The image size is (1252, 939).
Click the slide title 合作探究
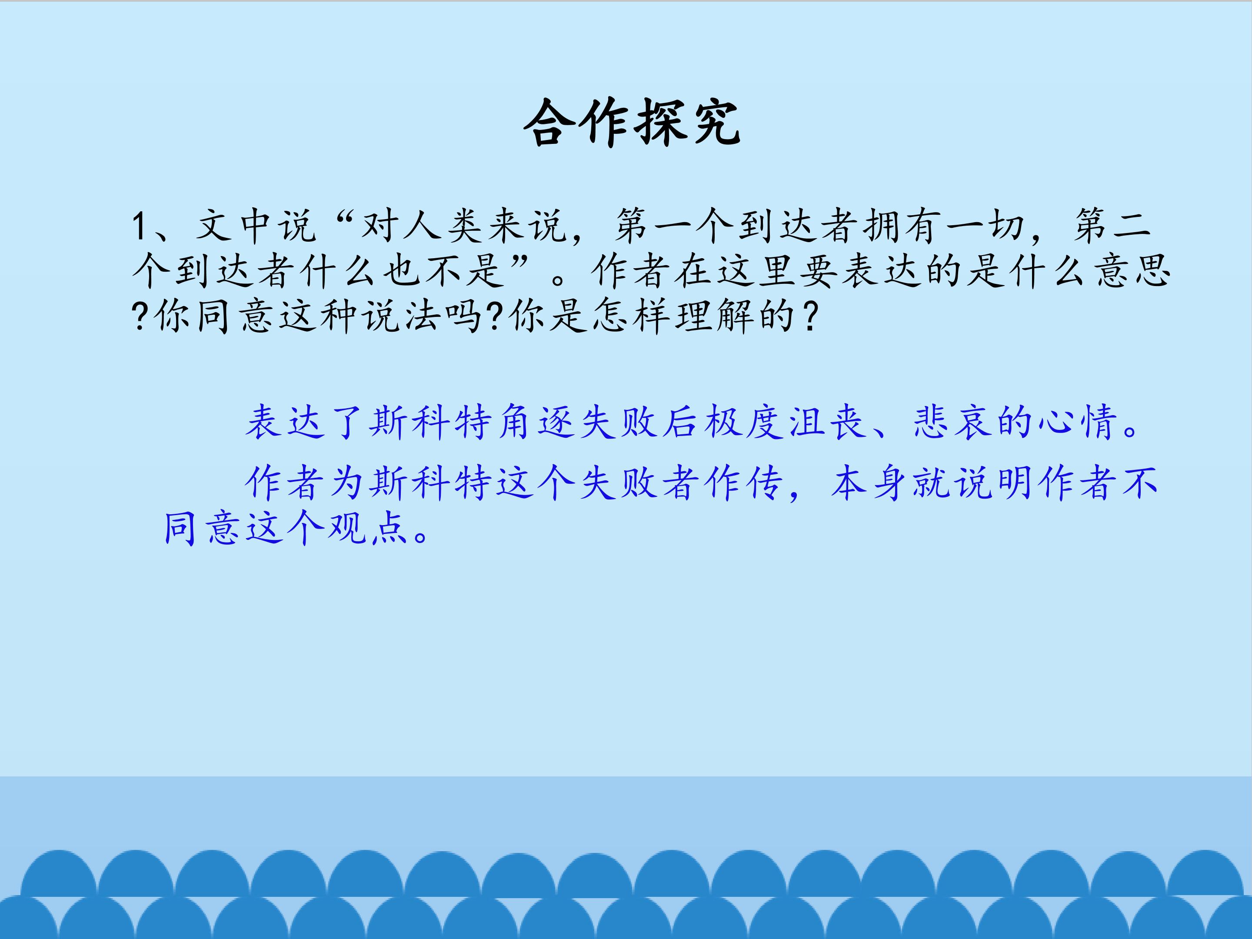tap(632, 123)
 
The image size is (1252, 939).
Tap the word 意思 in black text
tap(1132, 270)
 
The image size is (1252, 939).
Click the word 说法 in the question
tap(402, 316)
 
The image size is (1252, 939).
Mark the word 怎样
tap(633, 316)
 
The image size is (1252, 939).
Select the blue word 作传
tap(745, 483)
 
